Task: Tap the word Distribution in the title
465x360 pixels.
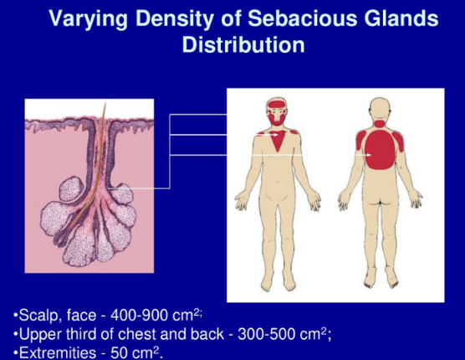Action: (x=243, y=45)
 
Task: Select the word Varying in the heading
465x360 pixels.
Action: (x=88, y=19)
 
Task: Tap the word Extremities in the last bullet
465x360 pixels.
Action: (x=58, y=352)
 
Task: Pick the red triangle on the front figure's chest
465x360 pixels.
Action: (x=278, y=141)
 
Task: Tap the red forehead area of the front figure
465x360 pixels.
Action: (x=277, y=104)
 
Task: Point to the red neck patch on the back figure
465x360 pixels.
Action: (x=380, y=124)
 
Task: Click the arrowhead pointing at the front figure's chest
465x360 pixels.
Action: (x=276, y=135)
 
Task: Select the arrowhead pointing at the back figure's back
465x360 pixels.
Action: (x=369, y=155)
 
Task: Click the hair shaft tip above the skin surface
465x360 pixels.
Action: (x=105, y=104)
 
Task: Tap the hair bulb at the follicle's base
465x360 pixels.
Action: (x=59, y=239)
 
